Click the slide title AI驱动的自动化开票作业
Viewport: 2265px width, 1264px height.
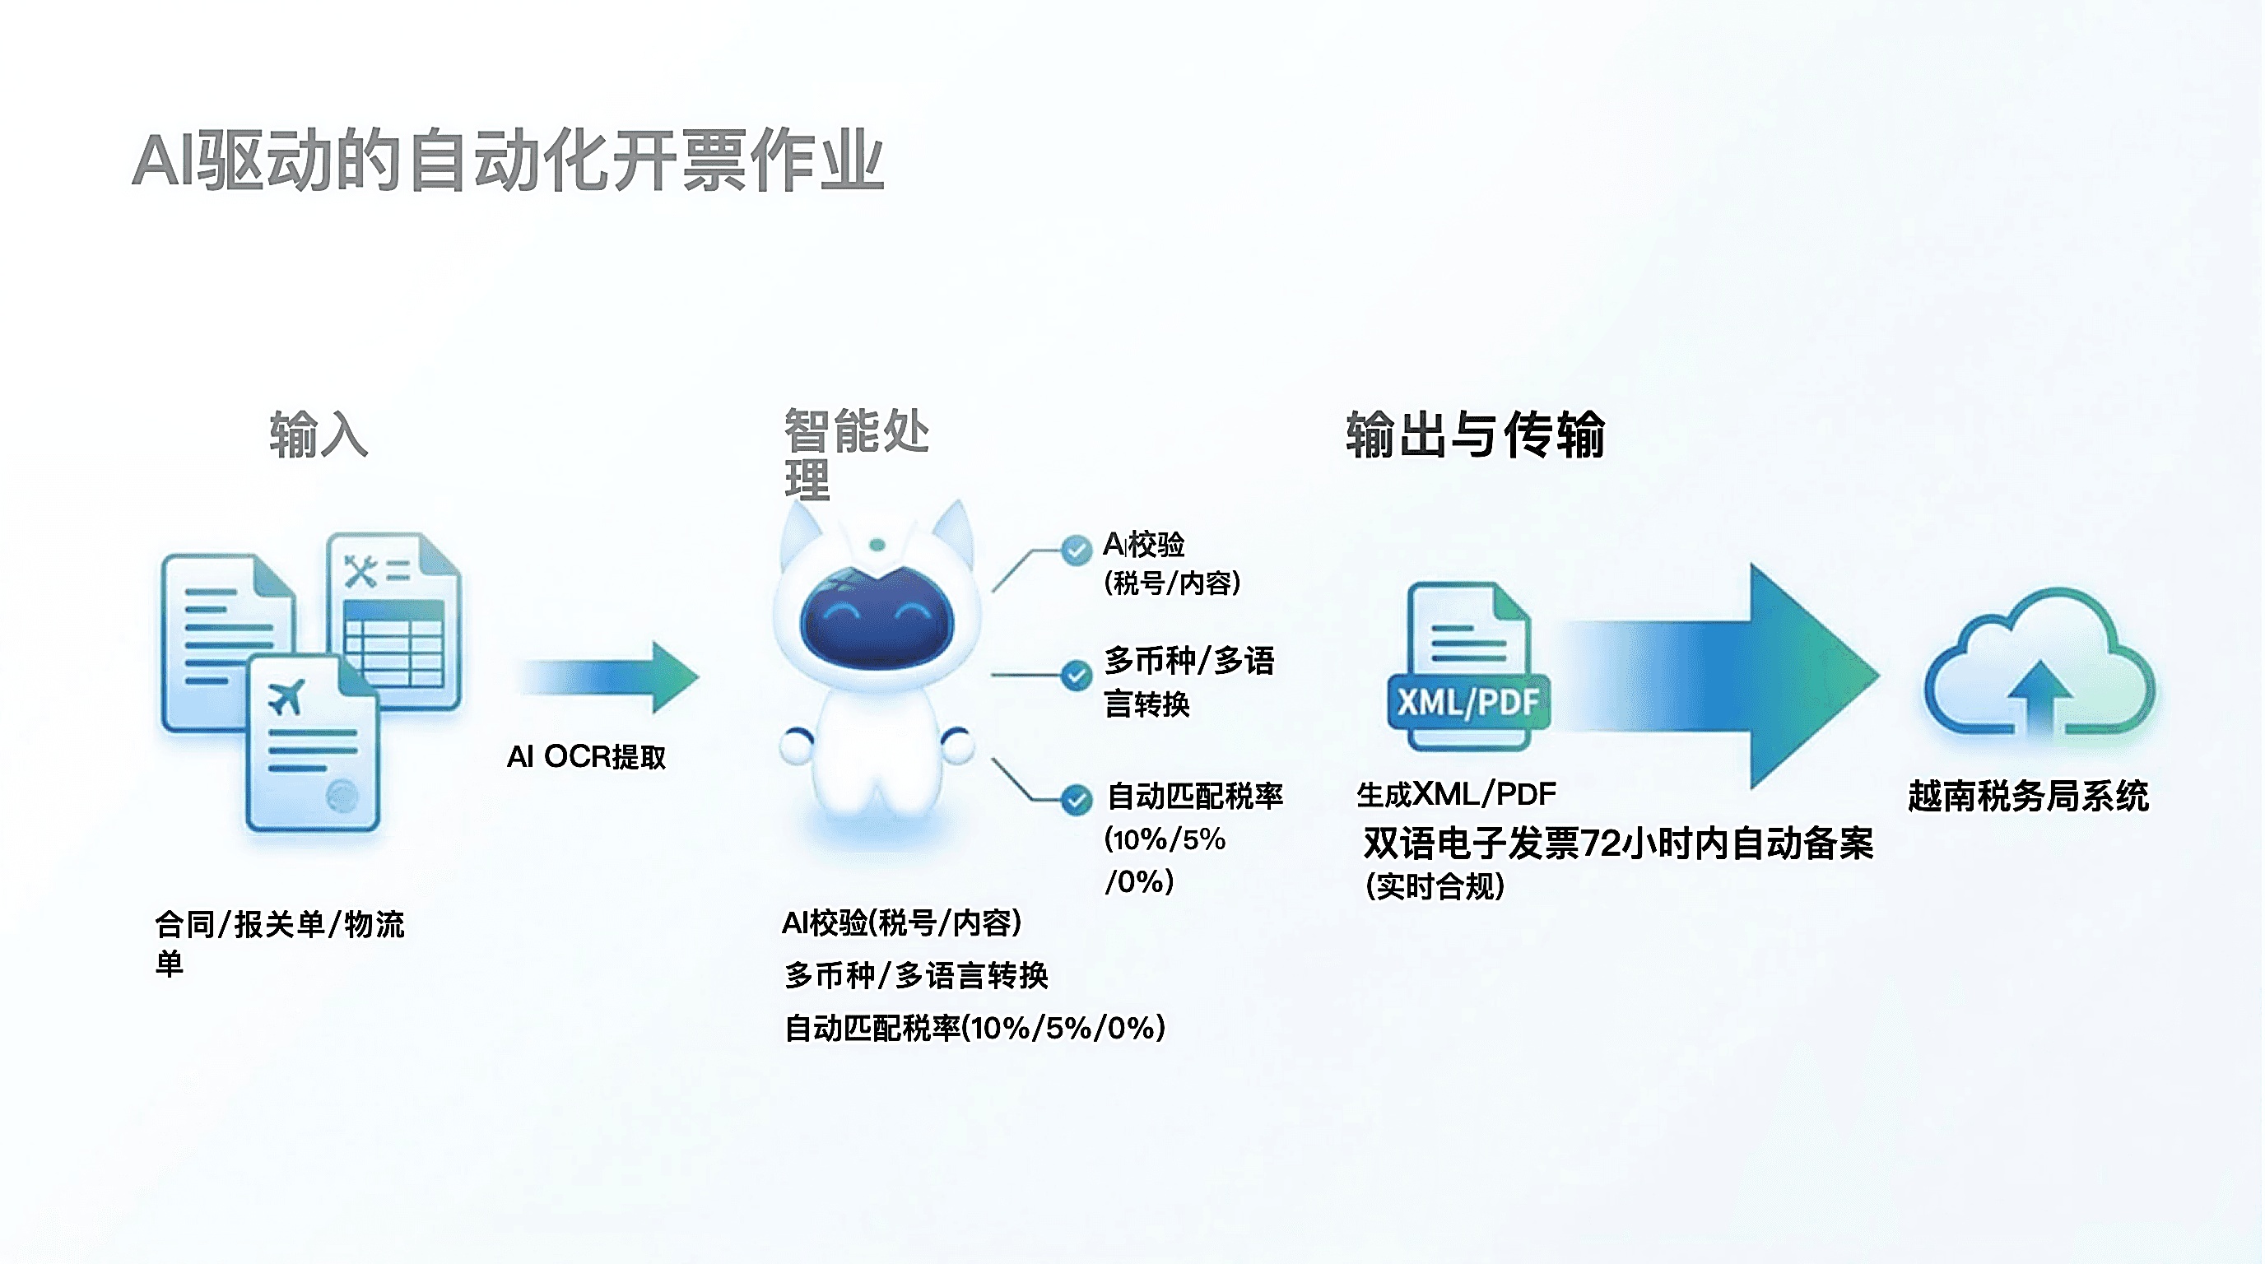tap(507, 160)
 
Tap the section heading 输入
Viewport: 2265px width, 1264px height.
tap(319, 434)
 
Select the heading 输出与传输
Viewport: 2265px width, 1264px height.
tap(1475, 434)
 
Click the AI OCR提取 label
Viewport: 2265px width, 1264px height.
tap(587, 757)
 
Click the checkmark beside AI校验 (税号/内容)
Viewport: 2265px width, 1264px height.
tap(1076, 551)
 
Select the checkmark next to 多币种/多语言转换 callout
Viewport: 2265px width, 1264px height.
tap(1076, 675)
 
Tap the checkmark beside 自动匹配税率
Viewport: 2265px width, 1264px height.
tap(1076, 800)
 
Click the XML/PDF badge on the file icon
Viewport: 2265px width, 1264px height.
tap(1467, 701)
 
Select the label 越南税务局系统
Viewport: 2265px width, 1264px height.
tap(2028, 797)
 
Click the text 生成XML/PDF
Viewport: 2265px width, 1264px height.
tap(1455, 795)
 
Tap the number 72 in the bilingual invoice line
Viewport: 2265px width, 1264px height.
tap(1599, 843)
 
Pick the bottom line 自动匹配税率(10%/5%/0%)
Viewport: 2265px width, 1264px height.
tap(974, 1028)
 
